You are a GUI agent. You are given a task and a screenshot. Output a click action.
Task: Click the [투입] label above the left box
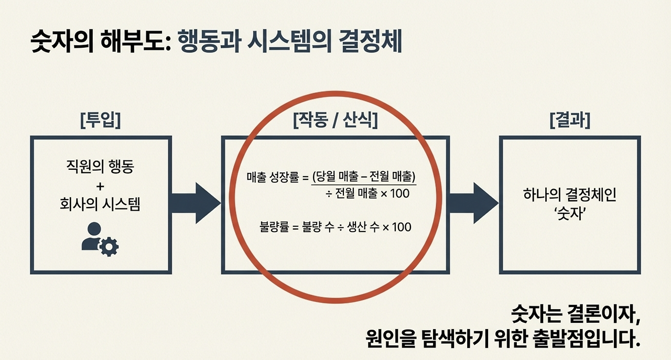point(100,121)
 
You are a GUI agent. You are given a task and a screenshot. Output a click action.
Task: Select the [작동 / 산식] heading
point(335,121)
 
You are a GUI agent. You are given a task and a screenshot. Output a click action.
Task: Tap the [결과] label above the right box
point(569,121)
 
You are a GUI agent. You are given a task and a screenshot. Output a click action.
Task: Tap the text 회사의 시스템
point(100,204)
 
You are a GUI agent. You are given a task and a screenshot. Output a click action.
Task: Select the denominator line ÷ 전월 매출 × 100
point(367,193)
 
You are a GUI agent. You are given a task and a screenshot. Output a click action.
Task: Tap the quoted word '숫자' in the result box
point(569,213)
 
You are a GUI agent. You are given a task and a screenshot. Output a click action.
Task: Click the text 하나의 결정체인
point(569,195)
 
